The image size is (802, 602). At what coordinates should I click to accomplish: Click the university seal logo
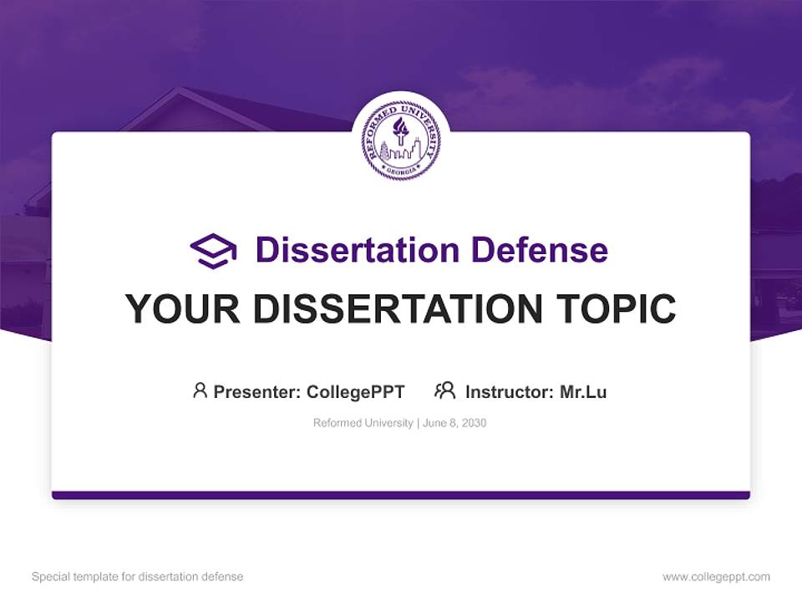point(400,140)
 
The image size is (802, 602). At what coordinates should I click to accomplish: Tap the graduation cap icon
point(214,251)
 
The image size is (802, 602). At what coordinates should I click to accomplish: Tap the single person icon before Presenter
point(200,390)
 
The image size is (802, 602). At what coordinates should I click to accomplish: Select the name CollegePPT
point(355,391)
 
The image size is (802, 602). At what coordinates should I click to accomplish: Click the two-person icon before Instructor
point(445,390)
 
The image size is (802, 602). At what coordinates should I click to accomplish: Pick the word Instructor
point(508,391)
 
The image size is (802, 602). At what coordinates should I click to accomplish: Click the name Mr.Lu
point(583,391)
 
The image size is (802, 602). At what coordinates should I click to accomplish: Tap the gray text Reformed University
point(363,423)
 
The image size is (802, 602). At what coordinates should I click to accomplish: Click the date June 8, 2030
point(454,423)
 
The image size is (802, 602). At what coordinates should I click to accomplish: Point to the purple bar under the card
point(400,495)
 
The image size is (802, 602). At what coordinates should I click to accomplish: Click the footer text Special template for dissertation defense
point(137,577)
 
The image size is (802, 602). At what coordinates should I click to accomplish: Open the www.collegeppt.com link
point(716,577)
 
